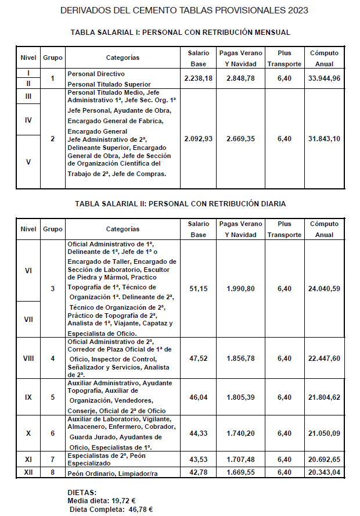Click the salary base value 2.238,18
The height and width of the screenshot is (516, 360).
coord(198,78)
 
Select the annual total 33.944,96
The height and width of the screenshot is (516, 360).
coord(324,78)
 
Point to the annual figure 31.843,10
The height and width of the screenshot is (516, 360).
coord(324,139)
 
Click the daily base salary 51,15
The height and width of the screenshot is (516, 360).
coord(199,288)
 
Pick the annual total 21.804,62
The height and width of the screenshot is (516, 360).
coord(324,397)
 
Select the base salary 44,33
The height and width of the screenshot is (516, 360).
coord(199,433)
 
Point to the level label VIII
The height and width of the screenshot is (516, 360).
coord(28,359)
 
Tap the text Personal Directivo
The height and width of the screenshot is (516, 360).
coord(96,74)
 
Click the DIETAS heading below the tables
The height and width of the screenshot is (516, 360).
coord(82,492)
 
